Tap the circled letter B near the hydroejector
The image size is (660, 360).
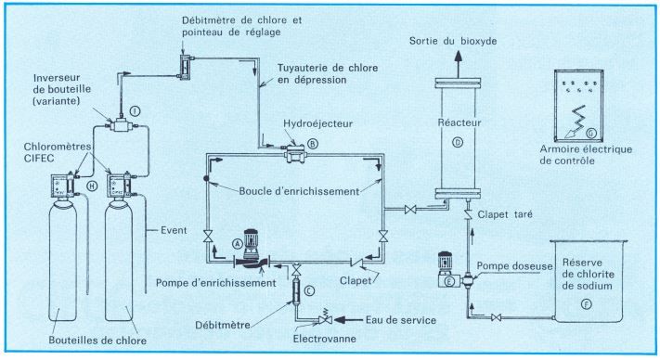pos(313,144)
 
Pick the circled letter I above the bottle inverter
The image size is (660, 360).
pos(136,110)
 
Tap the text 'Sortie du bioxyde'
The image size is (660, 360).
pos(454,42)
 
